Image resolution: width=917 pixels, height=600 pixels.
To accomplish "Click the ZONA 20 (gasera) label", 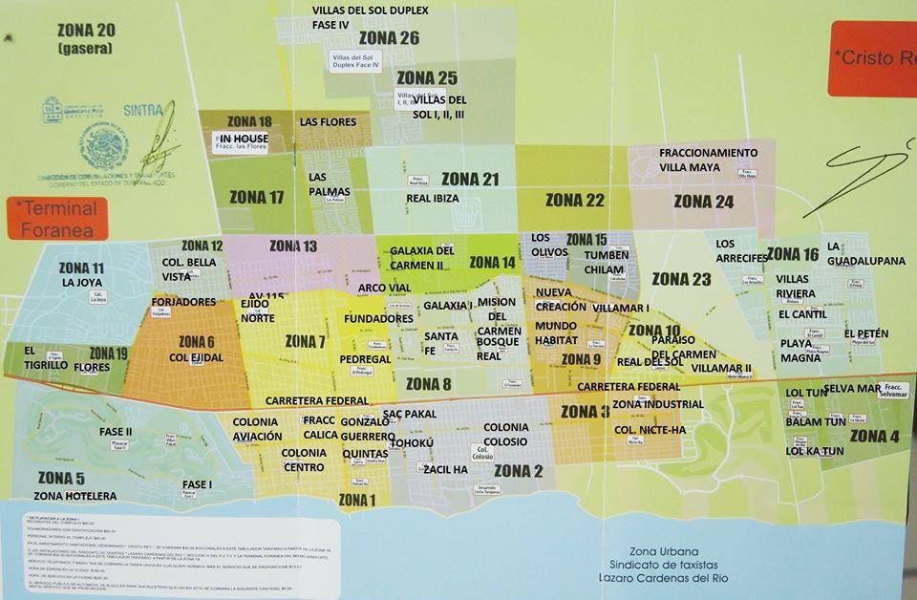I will pos(85,37).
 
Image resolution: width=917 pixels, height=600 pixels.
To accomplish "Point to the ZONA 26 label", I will pos(389,38).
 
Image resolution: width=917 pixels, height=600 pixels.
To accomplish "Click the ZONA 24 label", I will pos(703,201).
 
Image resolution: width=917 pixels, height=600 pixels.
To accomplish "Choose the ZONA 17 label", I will pos(257,198).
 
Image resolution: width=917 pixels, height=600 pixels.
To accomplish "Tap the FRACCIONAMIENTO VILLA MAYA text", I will pos(708,160).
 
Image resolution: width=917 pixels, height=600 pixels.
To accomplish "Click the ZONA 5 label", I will pos(61,478).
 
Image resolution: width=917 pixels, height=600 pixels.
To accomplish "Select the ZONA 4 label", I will pos(874,437).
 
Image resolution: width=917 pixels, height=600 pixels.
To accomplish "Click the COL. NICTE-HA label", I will pos(650,430).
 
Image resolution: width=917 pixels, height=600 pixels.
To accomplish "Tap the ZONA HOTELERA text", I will pos(75,496).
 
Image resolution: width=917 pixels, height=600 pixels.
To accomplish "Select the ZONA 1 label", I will pos(356,500).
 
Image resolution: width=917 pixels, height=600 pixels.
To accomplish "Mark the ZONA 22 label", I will pos(574,200).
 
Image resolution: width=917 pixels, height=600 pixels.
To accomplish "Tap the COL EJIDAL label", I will pos(196,357).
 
